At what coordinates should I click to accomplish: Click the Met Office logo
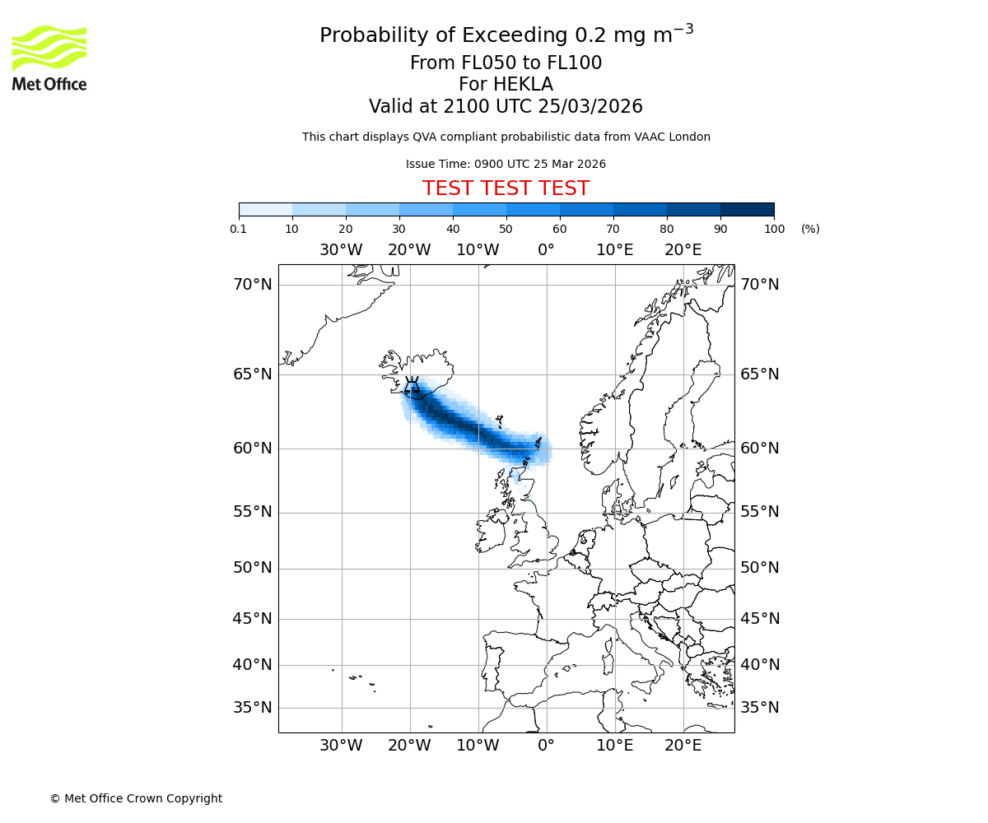(49, 58)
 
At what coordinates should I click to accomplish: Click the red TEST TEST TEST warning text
(506, 189)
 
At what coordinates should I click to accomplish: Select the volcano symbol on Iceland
(412, 386)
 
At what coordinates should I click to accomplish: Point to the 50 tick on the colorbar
(506, 229)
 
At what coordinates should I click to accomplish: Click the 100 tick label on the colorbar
(774, 229)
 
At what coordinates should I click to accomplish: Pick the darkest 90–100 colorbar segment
(747, 209)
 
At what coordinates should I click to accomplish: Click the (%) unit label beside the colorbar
(810, 229)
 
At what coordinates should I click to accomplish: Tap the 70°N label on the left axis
(252, 285)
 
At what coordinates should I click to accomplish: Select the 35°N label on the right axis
(759, 708)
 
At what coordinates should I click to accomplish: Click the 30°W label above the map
(341, 250)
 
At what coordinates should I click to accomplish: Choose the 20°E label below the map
(683, 746)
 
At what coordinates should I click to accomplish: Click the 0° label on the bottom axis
(546, 746)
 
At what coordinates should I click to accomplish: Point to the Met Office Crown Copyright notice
(136, 798)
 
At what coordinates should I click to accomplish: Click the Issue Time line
(506, 164)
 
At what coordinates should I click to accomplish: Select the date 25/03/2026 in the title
(590, 107)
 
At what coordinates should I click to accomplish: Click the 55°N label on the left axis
(252, 512)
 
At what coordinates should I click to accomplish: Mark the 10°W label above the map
(478, 250)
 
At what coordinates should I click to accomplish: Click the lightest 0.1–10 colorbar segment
(265, 209)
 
